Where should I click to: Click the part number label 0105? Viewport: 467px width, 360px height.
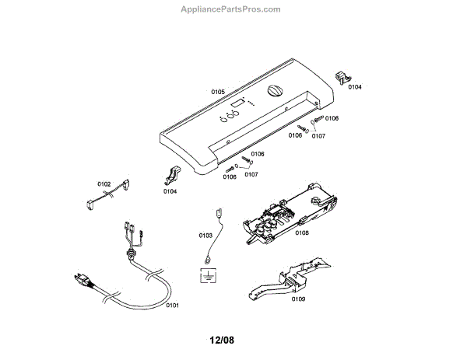[x=217, y=91]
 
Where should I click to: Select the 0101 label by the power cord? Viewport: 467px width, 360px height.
[x=173, y=305]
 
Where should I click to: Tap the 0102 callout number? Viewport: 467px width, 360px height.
[x=104, y=184]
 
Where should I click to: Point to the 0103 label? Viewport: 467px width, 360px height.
[x=205, y=234]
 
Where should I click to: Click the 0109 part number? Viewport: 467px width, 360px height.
[x=298, y=299]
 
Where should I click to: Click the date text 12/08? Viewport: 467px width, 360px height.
[x=222, y=339]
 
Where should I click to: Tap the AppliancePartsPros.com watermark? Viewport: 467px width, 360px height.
[x=230, y=9]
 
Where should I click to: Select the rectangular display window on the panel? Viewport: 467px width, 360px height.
[x=239, y=103]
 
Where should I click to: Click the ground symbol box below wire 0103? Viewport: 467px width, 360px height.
[x=209, y=274]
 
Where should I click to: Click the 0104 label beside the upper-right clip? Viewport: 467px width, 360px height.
[x=355, y=87]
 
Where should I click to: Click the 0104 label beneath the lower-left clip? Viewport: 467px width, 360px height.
[x=170, y=190]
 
